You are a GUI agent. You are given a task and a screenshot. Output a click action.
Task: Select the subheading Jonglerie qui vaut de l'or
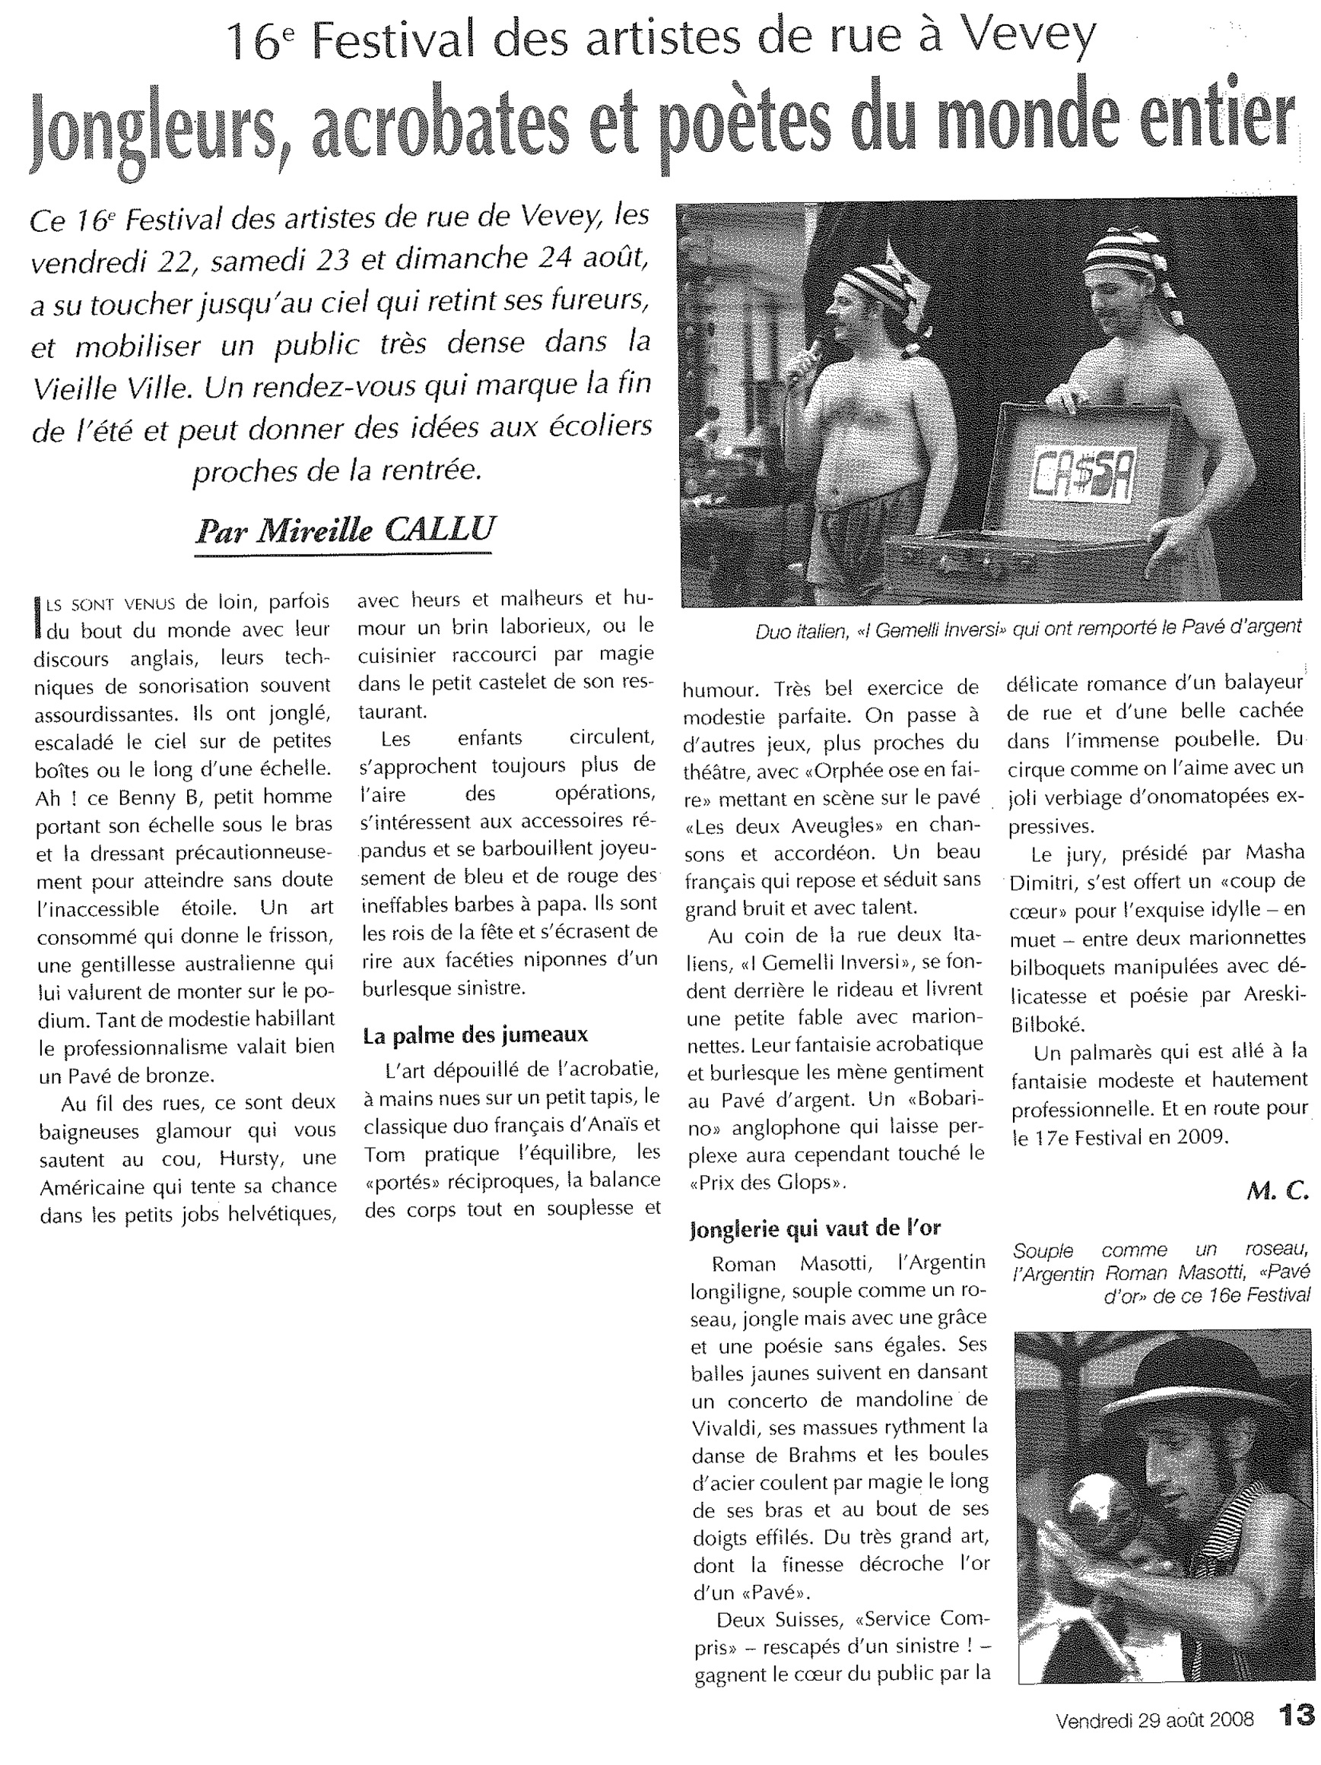point(815,1229)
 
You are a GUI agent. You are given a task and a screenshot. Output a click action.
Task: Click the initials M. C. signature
point(1277,1191)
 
